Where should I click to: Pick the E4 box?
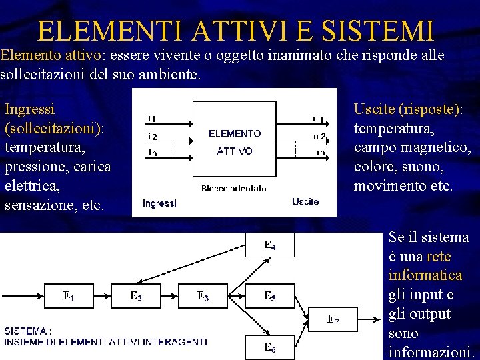tap(270, 245)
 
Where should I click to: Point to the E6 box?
tap(270, 347)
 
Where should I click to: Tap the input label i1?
tap(152, 119)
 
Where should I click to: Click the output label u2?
tap(319, 137)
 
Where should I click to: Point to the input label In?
tap(153, 153)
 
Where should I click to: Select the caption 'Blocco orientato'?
tap(233, 189)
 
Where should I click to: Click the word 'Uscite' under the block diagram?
tap(305, 201)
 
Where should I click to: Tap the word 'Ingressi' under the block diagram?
tap(159, 203)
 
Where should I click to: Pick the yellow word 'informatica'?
tap(425, 275)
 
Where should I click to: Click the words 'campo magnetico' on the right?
tap(412, 147)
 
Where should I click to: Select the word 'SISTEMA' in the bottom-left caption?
tap(26, 331)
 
